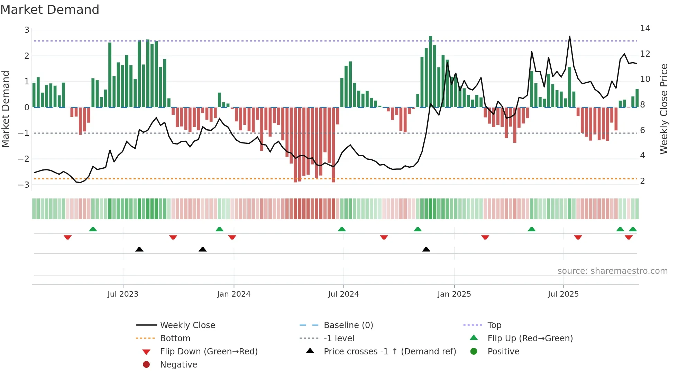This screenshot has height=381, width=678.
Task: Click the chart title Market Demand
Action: tap(50, 10)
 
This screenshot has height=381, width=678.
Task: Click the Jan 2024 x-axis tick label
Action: tap(233, 294)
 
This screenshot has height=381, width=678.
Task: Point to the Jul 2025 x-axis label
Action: tap(563, 294)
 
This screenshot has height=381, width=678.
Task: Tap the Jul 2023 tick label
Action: tap(123, 294)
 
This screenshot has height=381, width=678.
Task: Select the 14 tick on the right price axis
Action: tap(645, 28)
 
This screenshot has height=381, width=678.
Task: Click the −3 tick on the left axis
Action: tap(24, 185)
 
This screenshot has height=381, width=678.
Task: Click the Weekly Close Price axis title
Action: tap(663, 109)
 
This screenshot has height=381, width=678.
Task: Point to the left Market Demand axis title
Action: tap(6, 109)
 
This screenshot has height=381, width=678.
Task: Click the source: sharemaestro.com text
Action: tap(612, 271)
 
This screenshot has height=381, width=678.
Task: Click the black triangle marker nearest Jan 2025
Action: tap(426, 249)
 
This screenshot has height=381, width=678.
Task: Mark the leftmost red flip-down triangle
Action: tap(68, 237)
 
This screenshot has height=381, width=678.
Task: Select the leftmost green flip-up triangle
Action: tap(93, 229)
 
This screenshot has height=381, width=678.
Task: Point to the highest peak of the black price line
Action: tap(569, 37)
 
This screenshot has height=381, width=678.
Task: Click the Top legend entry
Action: tap(494, 325)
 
